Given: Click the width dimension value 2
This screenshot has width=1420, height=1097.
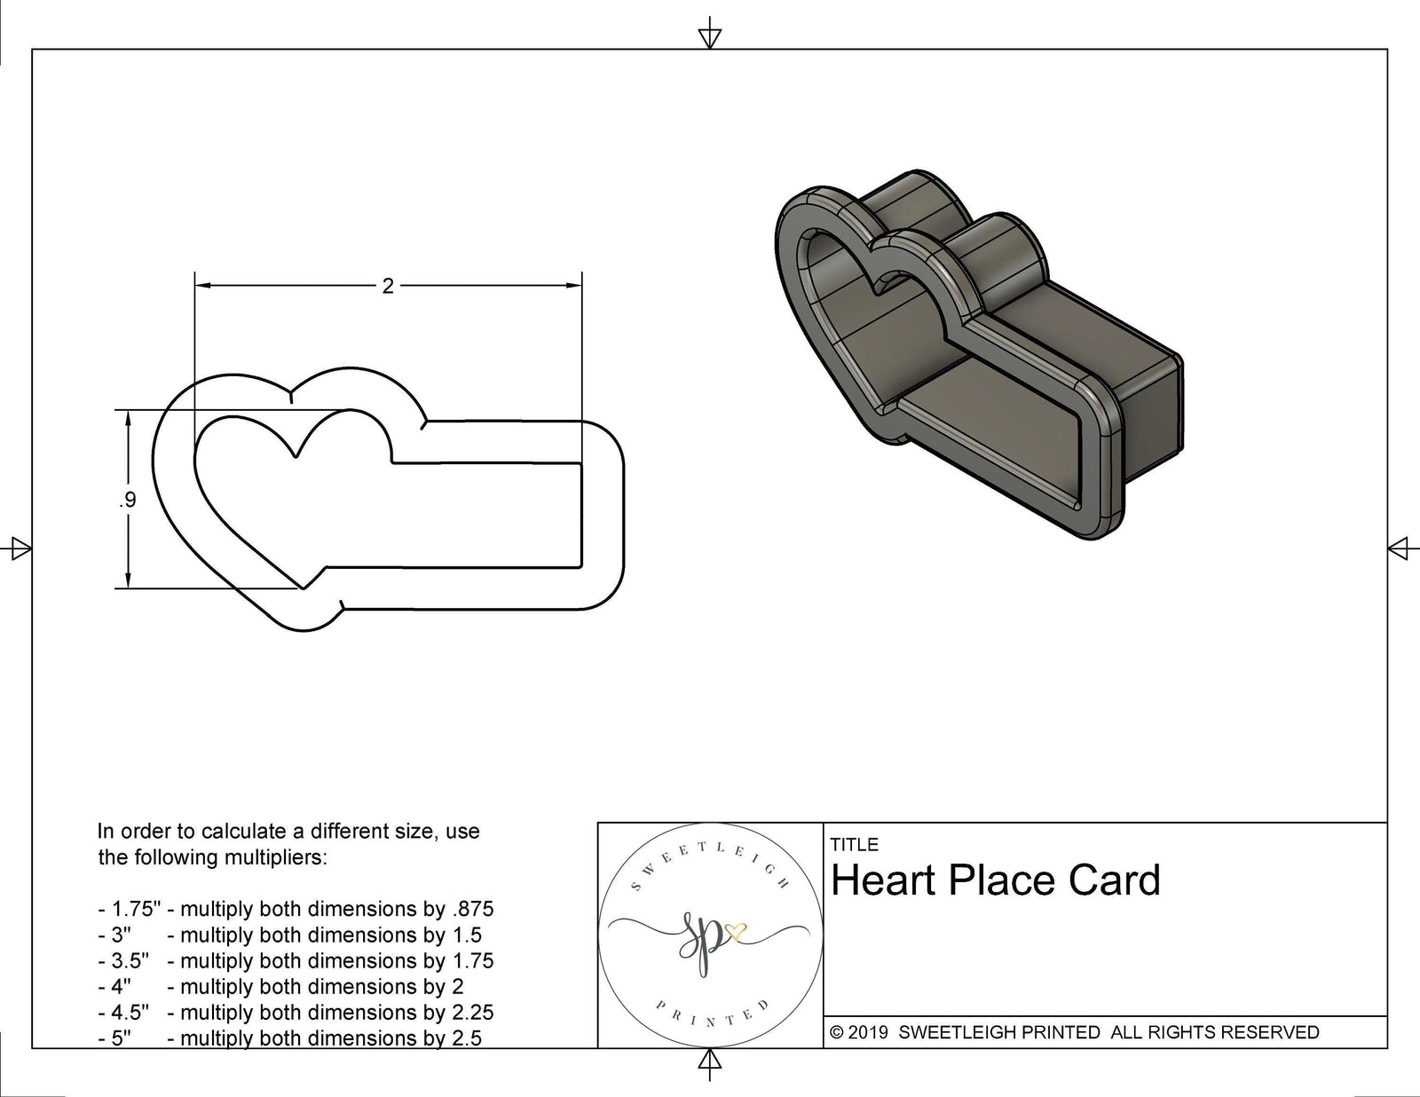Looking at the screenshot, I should coord(387,287).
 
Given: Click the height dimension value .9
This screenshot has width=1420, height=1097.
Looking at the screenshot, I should coord(128,501).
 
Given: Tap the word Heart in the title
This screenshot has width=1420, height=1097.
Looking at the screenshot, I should coord(882,880).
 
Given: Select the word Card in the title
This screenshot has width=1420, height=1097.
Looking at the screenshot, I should coord(1114,880).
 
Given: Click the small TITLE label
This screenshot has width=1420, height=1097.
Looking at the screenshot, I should coord(854,845).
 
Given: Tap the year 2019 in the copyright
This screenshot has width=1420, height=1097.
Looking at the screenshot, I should coord(869,1032).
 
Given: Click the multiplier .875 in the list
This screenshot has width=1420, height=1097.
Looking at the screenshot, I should coord(472,909).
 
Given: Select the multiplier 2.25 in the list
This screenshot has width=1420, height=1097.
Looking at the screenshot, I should coord(472,1012).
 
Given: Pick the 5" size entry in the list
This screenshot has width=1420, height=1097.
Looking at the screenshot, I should coord(121,1038).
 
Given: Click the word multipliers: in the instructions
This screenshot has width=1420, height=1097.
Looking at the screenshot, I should coord(273,858).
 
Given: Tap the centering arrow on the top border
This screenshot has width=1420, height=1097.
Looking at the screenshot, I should coord(709,36).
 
